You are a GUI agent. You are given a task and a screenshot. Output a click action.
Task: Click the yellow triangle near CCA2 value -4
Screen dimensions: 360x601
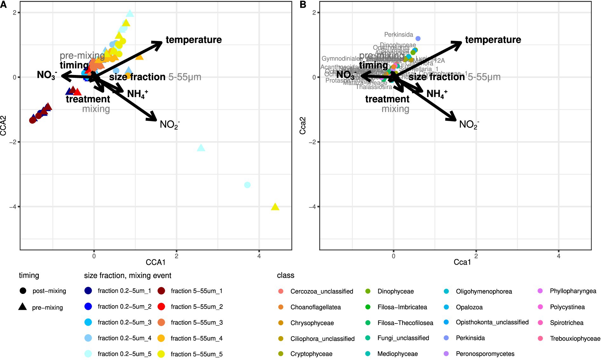275,207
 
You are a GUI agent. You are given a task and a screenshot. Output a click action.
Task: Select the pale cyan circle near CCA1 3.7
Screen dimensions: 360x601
247,185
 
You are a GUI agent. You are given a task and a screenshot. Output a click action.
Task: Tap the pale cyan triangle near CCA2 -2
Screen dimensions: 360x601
201,148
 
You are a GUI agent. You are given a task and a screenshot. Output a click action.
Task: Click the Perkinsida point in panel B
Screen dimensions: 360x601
418,38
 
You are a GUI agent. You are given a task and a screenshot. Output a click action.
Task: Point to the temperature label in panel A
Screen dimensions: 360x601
193,40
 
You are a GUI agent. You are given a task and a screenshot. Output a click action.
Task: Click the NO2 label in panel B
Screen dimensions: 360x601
469,124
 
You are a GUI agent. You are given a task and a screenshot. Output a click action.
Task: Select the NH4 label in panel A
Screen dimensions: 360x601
137,94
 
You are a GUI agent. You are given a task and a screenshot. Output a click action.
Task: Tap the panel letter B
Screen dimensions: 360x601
303,4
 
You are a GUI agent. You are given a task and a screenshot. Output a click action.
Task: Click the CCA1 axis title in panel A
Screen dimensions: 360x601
155,262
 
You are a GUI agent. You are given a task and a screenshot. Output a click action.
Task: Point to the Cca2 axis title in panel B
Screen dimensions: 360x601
303,126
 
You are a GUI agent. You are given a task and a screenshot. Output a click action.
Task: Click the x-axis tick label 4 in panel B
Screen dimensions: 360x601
558,256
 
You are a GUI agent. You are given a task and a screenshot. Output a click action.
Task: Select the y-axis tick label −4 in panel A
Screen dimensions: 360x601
13,207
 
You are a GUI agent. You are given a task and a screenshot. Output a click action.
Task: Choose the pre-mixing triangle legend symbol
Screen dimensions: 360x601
23,307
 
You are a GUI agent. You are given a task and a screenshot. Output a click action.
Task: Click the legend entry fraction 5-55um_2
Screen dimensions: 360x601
197,307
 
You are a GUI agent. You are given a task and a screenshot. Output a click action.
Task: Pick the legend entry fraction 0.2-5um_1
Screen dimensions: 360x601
124,291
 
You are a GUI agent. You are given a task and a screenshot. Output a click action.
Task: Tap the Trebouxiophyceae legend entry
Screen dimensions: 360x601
575,338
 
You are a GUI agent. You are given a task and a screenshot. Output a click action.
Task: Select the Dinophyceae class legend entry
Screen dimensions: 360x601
395,291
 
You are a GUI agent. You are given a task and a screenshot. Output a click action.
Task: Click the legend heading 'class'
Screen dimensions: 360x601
285,275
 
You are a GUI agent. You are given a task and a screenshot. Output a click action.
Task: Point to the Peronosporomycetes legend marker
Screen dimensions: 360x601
446,354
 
